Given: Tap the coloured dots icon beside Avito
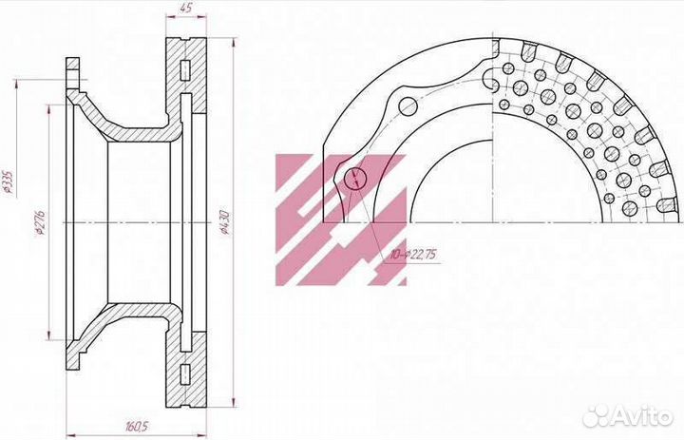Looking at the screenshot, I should [x=597, y=415].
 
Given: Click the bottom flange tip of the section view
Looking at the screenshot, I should [x=72, y=372].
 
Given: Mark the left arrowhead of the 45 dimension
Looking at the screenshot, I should [x=169, y=17].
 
